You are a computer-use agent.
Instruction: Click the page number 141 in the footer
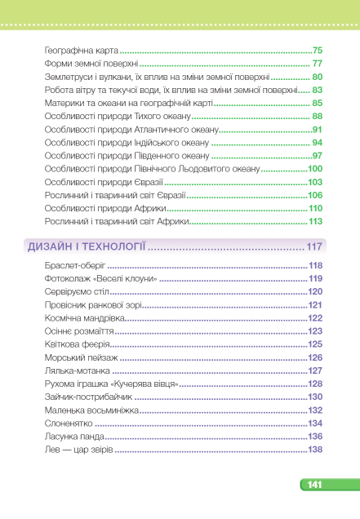point(315,486)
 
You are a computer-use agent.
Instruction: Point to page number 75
point(318,51)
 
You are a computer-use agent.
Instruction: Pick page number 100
point(315,169)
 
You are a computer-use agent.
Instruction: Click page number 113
point(315,222)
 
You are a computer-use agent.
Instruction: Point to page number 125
point(315,344)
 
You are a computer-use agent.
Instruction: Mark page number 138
point(315,450)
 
